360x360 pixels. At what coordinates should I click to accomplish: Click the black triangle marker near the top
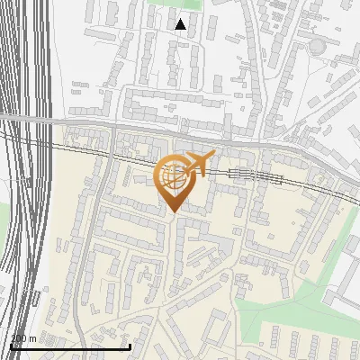[180, 24]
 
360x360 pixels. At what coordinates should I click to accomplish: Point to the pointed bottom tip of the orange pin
[172, 212]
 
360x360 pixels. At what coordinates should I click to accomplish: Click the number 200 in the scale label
[19, 338]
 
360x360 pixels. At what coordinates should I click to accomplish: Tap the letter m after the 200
[33, 338]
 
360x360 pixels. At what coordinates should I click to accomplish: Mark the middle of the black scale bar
[70, 346]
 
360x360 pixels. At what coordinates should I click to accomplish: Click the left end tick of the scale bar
[10, 345]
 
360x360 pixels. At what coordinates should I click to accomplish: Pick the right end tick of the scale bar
[130, 345]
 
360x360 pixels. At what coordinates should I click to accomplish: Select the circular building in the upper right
[318, 46]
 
